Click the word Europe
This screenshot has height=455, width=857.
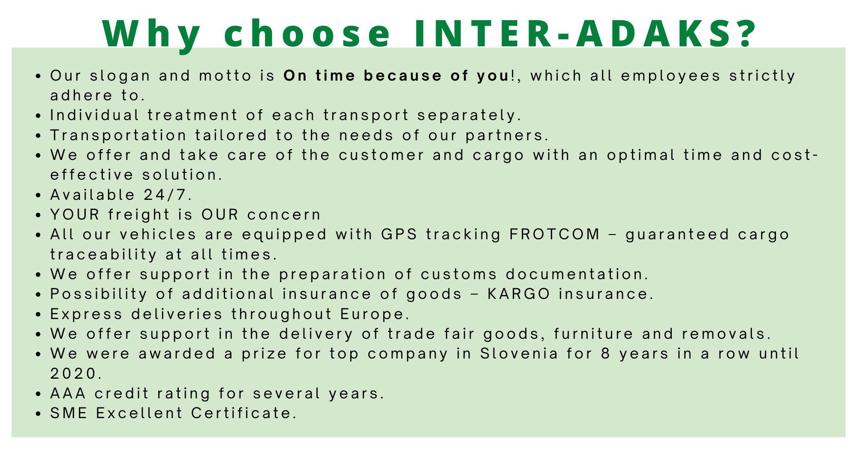(373, 314)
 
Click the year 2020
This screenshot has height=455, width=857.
(76, 374)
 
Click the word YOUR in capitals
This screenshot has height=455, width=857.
(75, 214)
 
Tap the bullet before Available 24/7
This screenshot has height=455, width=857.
(39, 196)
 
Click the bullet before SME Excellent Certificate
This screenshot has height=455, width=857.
(39, 414)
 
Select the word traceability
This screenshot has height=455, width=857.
(103, 254)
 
